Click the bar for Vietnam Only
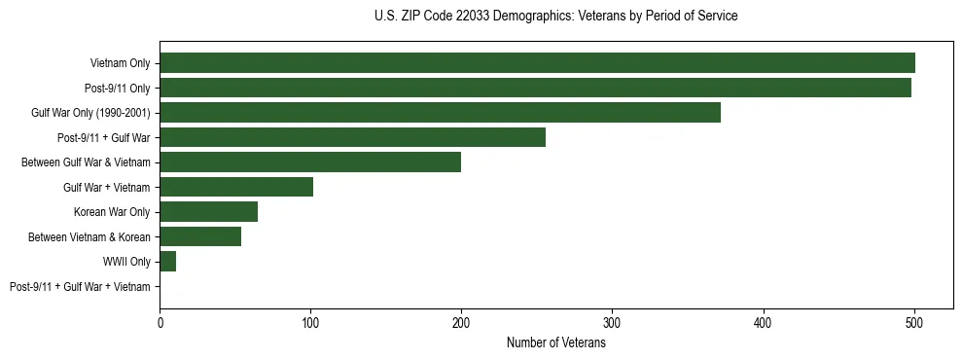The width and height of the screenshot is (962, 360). point(537,63)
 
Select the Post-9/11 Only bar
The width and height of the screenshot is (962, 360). point(535,88)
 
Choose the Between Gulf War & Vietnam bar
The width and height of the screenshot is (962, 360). point(310,162)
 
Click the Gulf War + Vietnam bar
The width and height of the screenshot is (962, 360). point(236,187)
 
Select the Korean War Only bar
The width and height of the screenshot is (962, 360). point(208,212)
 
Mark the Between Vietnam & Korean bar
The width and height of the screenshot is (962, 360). point(200,236)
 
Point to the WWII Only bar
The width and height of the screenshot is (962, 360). point(167,262)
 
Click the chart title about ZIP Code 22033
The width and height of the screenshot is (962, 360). point(555,17)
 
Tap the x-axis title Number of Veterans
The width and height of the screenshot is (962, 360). point(555,343)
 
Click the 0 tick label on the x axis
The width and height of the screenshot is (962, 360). point(160,324)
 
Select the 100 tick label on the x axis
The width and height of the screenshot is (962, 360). point(310,324)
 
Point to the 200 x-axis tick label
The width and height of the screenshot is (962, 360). point(461,324)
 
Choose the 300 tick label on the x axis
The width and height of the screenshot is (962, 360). point(612,324)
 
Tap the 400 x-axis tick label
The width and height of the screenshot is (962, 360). point(763,324)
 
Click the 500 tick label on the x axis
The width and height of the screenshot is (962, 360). point(913,324)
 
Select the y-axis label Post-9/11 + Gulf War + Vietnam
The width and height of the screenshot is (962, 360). point(80,287)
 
